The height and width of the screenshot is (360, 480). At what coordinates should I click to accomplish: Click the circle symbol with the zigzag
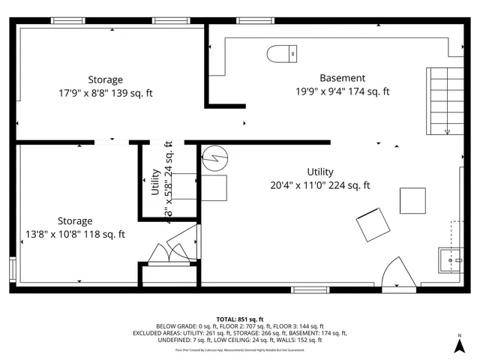(x=214, y=157)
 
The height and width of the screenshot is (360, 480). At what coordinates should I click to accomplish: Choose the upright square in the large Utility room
(x=412, y=200)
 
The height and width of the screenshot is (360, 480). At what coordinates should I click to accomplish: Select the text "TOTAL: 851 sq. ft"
(x=240, y=319)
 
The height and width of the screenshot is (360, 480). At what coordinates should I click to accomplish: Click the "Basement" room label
(x=342, y=78)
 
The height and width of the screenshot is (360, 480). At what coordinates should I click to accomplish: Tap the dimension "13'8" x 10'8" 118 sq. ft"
(x=75, y=235)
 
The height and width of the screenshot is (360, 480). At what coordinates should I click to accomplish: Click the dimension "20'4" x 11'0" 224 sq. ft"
(x=320, y=186)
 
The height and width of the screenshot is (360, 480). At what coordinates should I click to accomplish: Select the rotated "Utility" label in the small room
(x=154, y=182)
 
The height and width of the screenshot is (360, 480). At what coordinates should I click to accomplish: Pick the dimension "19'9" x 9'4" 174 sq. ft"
(x=342, y=91)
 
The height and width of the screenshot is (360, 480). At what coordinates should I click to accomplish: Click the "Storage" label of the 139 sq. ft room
(x=106, y=79)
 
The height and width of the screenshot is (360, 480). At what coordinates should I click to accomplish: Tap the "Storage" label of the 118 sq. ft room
(x=75, y=221)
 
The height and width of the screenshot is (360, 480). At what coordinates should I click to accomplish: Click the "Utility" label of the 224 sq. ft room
(x=320, y=172)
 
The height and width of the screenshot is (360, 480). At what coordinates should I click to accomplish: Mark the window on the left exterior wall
(x=12, y=268)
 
